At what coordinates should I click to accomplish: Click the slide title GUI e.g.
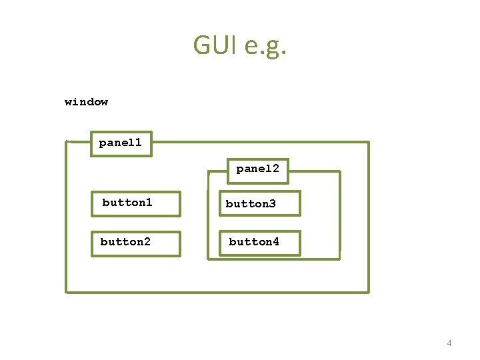pos(240,45)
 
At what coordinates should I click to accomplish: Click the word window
pos(86,102)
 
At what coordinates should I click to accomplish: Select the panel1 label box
pos(121,143)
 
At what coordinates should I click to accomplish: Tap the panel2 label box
pos(257,170)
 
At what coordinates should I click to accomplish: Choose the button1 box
pos(135,203)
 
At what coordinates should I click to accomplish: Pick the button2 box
pos(135,243)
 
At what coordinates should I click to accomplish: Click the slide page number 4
pos(449,343)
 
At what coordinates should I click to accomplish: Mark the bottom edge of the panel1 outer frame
pos(217,291)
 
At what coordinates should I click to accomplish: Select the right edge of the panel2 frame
pos(339,213)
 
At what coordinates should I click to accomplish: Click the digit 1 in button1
pos(149,202)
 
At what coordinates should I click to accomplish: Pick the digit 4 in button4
pos(276,241)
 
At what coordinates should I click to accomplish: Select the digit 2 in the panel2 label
pos(275,169)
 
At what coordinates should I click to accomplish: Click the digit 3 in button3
pos(272,204)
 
